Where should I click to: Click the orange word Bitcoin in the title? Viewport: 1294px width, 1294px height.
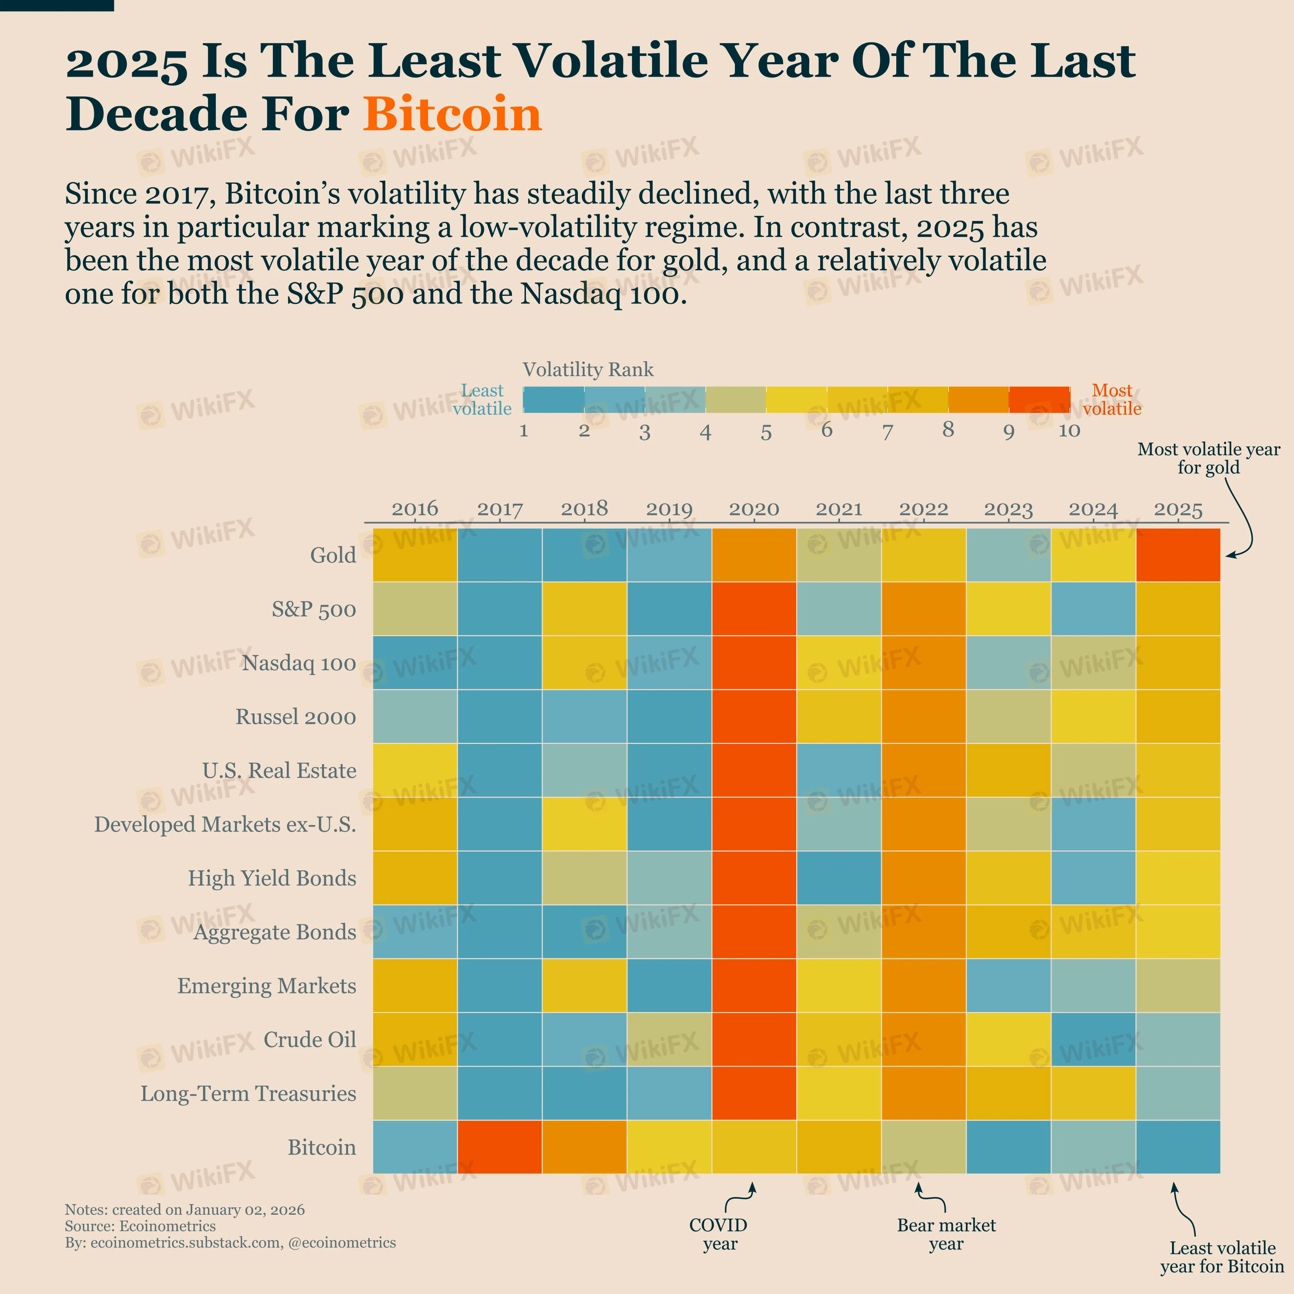pyautogui.click(x=452, y=114)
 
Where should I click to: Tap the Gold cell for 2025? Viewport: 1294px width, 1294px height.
pyautogui.click(x=1178, y=554)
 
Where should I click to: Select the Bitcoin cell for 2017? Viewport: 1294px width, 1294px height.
pyautogui.click(x=500, y=1147)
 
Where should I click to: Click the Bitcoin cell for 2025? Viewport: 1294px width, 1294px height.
pyautogui.click(x=1178, y=1147)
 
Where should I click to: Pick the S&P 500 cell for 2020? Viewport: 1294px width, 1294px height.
pyautogui.click(x=754, y=608)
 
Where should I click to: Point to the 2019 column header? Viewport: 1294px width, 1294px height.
pyautogui.click(x=669, y=509)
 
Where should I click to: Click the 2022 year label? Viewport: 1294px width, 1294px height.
pyautogui.click(x=924, y=509)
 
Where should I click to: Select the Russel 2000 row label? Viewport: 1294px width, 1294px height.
pyautogui.click(x=295, y=717)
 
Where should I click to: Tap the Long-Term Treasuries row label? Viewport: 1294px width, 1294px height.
pyautogui.click(x=248, y=1093)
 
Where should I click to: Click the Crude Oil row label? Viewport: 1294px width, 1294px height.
pyautogui.click(x=309, y=1039)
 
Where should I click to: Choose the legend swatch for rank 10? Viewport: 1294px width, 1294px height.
pyautogui.click(x=1039, y=399)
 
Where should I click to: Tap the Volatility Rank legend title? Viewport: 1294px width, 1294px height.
pyautogui.click(x=587, y=370)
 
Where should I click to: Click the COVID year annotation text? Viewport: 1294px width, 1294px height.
pyautogui.click(x=719, y=1234)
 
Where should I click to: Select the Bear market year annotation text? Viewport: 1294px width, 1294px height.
pyautogui.click(x=946, y=1234)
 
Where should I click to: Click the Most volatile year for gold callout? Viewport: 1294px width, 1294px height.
pyautogui.click(x=1208, y=458)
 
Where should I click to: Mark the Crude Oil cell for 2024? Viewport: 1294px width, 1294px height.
pyautogui.click(x=1093, y=1039)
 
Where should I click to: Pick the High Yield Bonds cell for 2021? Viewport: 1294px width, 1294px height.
pyautogui.click(x=839, y=877)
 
